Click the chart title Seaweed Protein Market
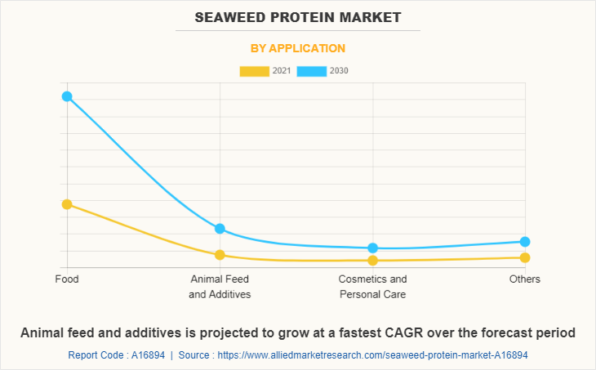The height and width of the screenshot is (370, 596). [297, 17]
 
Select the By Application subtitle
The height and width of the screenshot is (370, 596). [297, 48]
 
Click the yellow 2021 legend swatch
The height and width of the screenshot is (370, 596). [254, 71]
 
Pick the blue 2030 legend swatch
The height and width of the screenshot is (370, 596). [312, 71]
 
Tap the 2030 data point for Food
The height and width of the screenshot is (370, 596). [67, 96]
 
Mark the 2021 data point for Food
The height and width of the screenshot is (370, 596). [67, 204]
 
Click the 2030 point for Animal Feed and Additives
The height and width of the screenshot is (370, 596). [220, 229]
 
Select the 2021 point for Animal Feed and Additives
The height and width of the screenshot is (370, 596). [220, 255]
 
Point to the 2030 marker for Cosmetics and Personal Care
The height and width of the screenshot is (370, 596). [372, 248]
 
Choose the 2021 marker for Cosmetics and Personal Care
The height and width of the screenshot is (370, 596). [372, 261]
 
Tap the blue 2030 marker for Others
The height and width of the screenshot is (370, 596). [525, 242]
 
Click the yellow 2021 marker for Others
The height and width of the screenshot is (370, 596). [525, 258]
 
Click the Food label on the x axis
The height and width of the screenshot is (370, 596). [67, 279]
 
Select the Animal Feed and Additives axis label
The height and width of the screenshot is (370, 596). [220, 287]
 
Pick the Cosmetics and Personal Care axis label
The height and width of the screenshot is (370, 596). [372, 287]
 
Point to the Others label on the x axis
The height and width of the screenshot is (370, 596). [525, 279]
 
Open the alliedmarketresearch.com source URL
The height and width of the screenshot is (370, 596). [381, 355]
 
